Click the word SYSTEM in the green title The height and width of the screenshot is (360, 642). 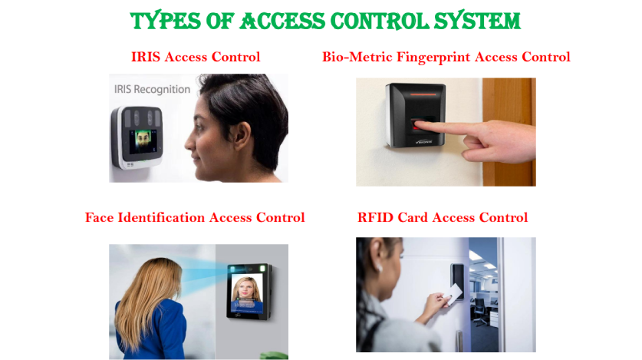(x=477, y=21)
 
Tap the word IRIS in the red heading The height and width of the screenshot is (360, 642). (x=145, y=57)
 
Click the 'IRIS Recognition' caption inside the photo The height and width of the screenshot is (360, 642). (x=152, y=89)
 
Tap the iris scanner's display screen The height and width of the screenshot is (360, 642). (x=143, y=142)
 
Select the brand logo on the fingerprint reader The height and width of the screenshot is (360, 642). (x=423, y=142)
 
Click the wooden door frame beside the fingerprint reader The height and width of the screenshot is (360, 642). (x=509, y=132)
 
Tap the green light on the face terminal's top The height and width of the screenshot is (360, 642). (x=262, y=269)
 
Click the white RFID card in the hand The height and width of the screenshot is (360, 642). (x=453, y=295)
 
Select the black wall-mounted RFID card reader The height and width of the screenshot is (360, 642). (x=457, y=279)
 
